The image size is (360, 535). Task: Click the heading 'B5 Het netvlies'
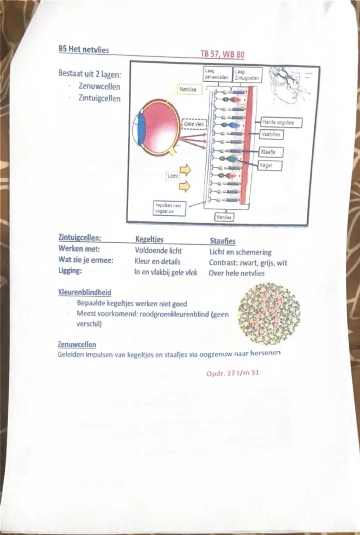point(83,50)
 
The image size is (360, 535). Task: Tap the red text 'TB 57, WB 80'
point(222,54)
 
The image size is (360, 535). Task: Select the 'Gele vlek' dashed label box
point(194,124)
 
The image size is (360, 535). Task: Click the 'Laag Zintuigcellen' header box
point(247,74)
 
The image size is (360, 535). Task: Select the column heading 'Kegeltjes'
point(149,240)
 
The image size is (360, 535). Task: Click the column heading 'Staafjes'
point(222,241)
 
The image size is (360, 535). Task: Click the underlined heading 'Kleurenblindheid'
point(84,293)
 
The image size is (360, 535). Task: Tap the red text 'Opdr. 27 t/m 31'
point(233,372)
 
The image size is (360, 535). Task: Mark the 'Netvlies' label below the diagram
point(224,217)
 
